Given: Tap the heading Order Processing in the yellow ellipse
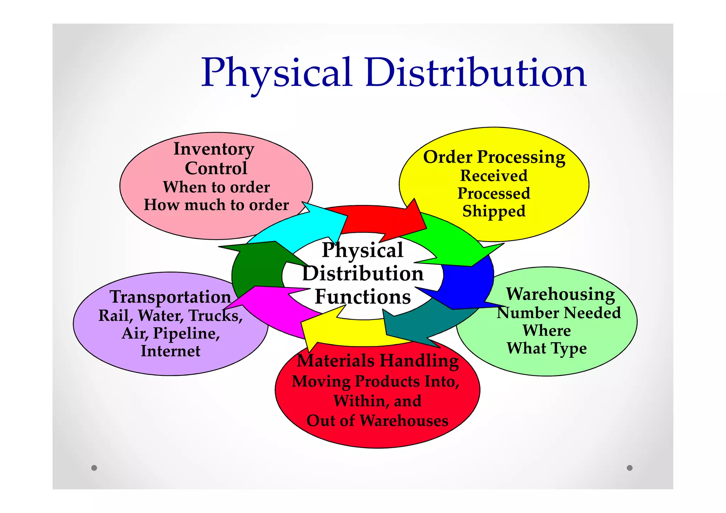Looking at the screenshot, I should coord(494,157).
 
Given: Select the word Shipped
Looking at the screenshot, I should coord(494,211).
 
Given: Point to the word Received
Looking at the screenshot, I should coord(494,176).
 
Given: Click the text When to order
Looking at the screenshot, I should coord(216,187).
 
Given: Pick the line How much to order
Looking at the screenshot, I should coord(216,205).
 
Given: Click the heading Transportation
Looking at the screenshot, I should coord(170,297).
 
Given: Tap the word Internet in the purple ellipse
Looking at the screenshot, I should coord(171,351).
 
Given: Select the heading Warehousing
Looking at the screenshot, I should coord(560,294).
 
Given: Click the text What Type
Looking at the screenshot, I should coord(547,348).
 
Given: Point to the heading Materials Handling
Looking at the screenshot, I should coord(378,361).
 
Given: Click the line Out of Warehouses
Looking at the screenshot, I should coord(378,421).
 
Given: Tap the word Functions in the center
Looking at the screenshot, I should coord(363,296).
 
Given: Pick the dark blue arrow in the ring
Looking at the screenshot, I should coord(464,284).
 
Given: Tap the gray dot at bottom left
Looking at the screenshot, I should coord(94,468).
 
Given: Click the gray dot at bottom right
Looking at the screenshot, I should coord(630,468).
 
